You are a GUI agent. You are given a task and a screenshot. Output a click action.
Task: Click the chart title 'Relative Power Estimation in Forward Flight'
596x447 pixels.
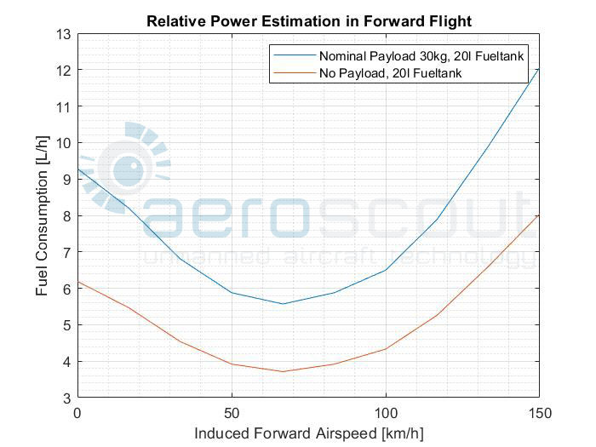(309, 20)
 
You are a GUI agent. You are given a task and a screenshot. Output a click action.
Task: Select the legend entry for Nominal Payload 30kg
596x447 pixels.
(420, 56)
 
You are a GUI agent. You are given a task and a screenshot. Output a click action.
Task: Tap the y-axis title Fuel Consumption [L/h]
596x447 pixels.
(42, 215)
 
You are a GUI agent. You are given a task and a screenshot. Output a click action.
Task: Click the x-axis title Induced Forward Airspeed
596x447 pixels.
(308, 433)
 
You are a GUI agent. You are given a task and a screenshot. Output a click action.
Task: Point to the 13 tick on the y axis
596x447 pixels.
(64, 34)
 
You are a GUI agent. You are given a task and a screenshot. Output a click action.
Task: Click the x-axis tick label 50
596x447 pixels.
(232, 413)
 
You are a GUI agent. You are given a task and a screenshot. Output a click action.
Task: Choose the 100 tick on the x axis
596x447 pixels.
(386, 413)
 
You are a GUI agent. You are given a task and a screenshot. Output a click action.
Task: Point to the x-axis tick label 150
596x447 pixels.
(539, 413)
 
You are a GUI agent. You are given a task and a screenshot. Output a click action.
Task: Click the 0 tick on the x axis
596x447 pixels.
(77, 413)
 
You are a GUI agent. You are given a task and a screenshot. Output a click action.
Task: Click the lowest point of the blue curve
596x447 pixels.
(283, 304)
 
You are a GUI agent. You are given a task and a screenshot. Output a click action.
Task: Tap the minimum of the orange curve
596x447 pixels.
(283, 371)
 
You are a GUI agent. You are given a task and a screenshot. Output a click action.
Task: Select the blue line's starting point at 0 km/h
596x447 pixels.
(78, 169)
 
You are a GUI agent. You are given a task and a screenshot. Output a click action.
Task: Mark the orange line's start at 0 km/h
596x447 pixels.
(78, 282)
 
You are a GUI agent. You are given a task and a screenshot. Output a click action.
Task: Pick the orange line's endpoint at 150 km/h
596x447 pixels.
(539, 215)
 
